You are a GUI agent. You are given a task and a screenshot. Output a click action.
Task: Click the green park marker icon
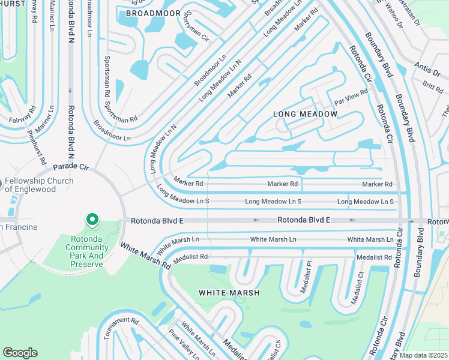pos(92,220)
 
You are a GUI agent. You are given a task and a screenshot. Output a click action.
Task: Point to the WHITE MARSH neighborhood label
pos(230,293)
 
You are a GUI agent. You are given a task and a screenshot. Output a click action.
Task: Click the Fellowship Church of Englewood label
pos(39,185)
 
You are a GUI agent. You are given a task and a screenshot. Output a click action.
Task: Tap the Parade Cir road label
pos(71,166)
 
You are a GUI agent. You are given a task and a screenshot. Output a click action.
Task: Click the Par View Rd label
pos(351,97)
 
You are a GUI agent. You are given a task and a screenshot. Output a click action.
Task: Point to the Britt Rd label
pos(432,87)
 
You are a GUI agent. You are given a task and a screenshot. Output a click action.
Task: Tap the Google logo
pos(20,352)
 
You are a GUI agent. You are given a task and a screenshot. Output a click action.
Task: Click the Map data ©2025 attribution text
pos(423,355)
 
